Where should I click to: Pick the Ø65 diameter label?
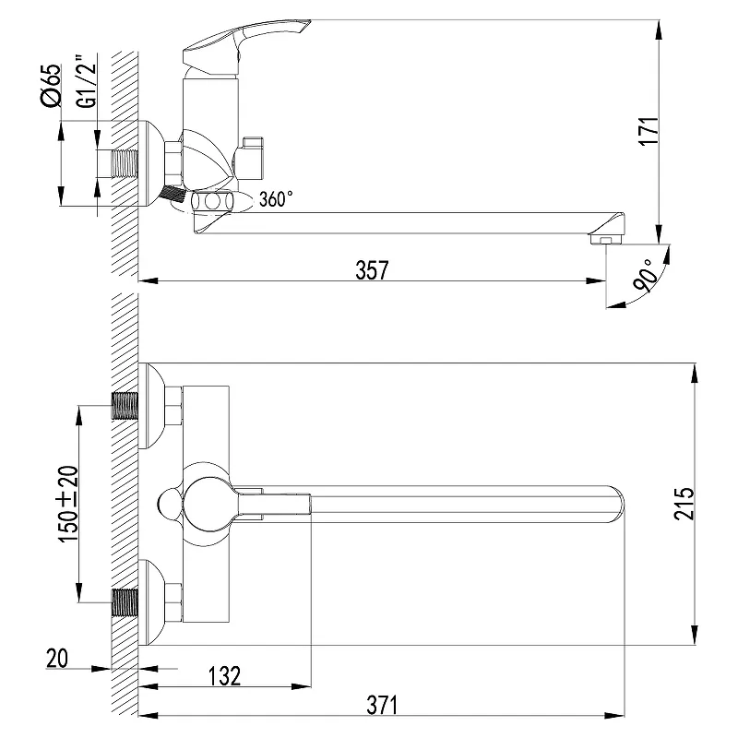(x=52, y=86)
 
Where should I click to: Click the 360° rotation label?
(x=276, y=198)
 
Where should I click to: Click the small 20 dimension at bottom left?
(x=57, y=658)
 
